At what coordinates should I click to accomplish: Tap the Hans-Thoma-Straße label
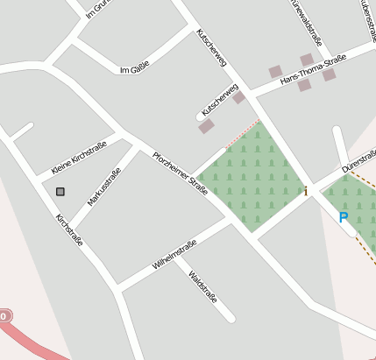coord(313,70)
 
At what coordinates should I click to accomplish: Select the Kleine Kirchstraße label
coord(79,157)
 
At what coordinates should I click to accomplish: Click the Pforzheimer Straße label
coord(180,173)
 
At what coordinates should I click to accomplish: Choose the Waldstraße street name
coord(202,286)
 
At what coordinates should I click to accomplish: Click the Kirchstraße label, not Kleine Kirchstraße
coord(69,229)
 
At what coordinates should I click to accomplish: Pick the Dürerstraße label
coord(358,159)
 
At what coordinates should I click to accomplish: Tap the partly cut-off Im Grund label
coord(98,9)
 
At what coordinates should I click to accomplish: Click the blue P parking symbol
coord(344,217)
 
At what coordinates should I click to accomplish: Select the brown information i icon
coord(306,190)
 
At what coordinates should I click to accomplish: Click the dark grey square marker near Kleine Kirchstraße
coord(60,191)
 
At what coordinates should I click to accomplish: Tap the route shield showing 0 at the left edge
coord(4,315)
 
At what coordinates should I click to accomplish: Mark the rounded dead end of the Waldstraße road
coord(230,317)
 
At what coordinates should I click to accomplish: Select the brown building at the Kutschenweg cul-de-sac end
coord(206,126)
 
